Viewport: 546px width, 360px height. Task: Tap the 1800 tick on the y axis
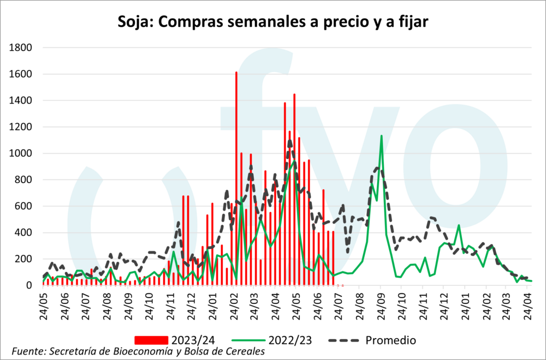(x=21, y=48)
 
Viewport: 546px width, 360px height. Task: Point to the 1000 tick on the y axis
(x=21, y=154)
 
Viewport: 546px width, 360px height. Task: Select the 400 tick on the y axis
(x=25, y=233)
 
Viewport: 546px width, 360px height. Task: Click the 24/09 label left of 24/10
(x=129, y=305)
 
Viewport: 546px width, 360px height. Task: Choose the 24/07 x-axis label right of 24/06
(x=87, y=305)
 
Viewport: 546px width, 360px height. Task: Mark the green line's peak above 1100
(x=381, y=137)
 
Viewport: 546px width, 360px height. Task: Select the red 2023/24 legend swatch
(x=152, y=340)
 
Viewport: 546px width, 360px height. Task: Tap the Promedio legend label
(x=391, y=340)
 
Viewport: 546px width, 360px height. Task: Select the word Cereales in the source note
(x=245, y=351)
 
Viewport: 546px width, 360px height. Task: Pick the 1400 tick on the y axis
(x=21, y=101)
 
